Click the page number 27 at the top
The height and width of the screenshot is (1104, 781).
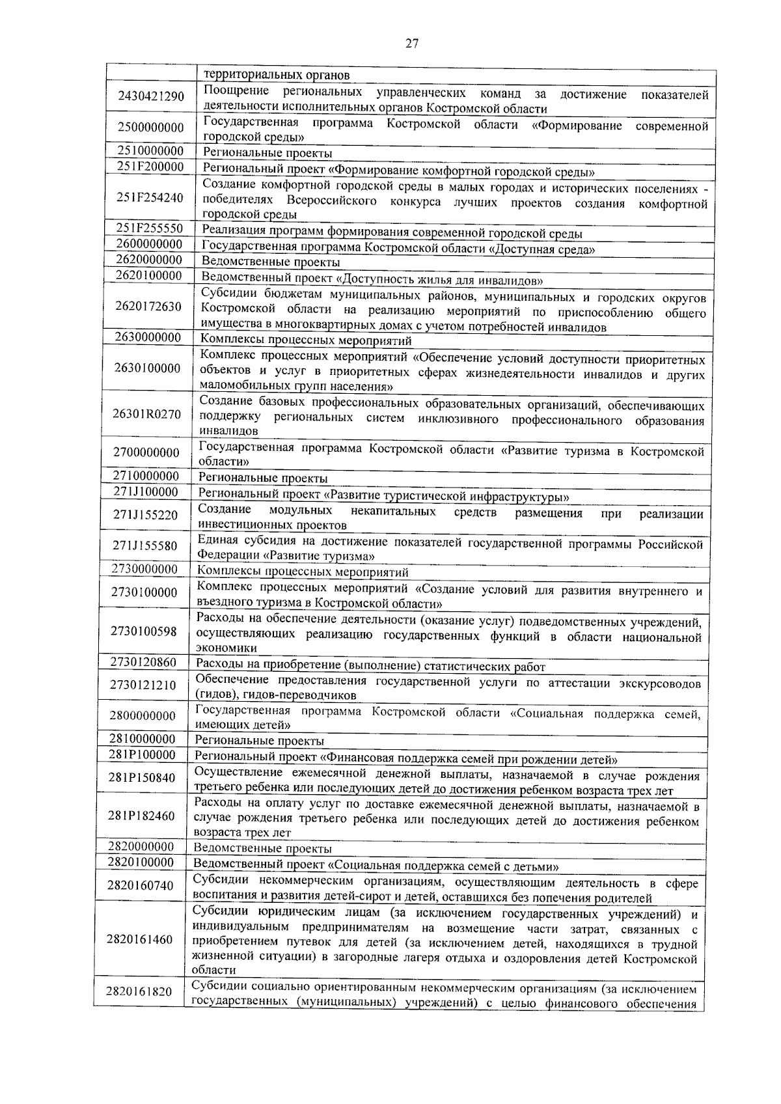tap(411, 44)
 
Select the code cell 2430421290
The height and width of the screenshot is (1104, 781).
tap(151, 96)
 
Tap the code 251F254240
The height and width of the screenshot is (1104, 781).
tap(150, 198)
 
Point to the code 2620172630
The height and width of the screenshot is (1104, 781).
tap(148, 307)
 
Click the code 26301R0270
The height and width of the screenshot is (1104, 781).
tap(147, 414)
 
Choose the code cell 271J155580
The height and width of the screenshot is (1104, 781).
tap(145, 546)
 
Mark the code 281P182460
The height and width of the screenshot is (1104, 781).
tap(143, 816)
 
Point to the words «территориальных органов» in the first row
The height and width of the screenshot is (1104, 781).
tap(277, 76)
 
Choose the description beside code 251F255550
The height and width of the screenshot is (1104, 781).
tap(392, 234)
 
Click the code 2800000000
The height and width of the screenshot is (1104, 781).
tap(143, 716)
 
